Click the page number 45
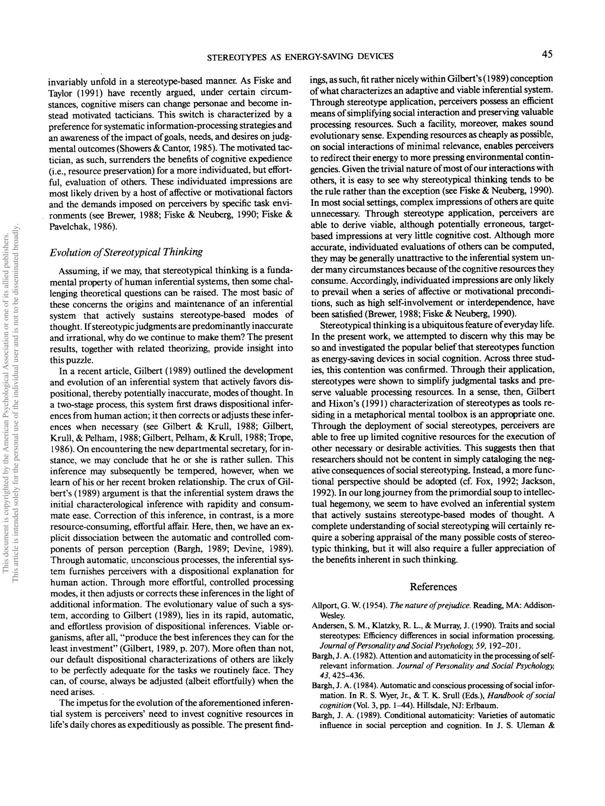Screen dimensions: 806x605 pyautogui.click(x=547, y=55)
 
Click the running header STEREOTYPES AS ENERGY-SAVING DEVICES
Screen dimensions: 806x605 pyautogui.click(x=300, y=56)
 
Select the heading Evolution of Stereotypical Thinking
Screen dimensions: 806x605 pyautogui.click(x=126, y=252)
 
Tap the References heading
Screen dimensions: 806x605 pyautogui.click(x=433, y=587)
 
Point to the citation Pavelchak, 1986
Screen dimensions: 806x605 pyautogui.click(x=83, y=227)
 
